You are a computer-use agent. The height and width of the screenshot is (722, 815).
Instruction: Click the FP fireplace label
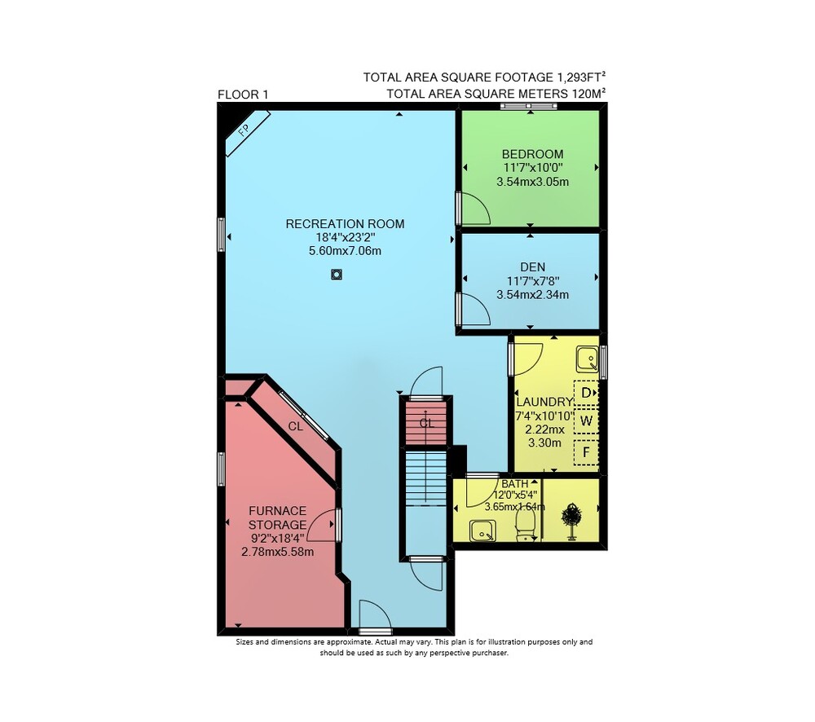(243, 130)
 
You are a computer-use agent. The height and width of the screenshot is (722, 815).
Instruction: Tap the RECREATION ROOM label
(345, 224)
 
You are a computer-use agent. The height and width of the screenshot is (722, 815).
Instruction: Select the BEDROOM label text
(532, 154)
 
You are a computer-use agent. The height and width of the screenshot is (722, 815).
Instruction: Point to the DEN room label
(533, 267)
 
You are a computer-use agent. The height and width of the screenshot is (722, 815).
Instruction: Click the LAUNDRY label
(544, 403)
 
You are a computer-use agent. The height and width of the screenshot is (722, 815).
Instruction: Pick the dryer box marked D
(586, 393)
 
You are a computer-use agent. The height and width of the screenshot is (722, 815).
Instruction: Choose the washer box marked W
(586, 421)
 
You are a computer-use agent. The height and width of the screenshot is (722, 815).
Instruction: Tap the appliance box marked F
(586, 452)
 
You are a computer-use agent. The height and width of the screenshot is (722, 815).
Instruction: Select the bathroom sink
(482, 531)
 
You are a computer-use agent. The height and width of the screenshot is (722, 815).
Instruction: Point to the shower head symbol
(572, 521)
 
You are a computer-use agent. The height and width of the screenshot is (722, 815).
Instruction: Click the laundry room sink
(588, 359)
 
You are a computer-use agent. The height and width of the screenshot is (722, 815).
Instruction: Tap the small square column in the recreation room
(337, 275)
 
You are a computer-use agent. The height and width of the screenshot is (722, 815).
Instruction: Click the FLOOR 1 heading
(243, 95)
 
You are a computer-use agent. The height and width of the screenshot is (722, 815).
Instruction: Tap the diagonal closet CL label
(295, 427)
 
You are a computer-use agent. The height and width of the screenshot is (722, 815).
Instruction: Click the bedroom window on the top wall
(529, 106)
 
